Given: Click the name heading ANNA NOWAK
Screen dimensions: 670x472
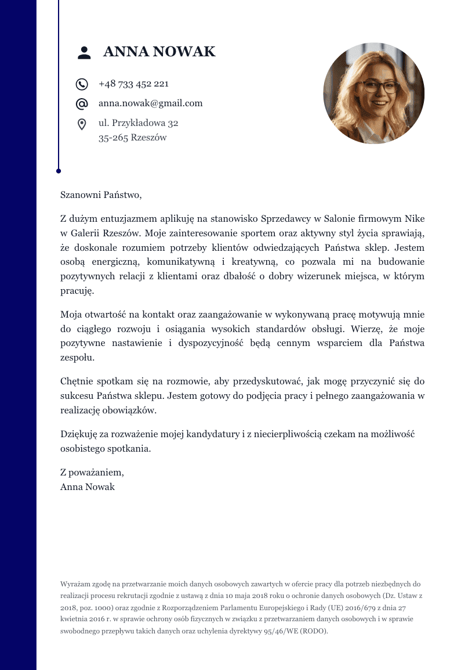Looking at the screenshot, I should pyautogui.click(x=159, y=52).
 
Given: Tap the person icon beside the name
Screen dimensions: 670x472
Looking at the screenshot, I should pyautogui.click(x=84, y=53).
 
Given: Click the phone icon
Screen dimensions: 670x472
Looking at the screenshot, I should pyautogui.click(x=82, y=84).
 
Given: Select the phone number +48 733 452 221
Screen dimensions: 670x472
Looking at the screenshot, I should pyautogui.click(x=133, y=84).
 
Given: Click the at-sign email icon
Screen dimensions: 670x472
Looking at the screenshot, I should pyautogui.click(x=82, y=104).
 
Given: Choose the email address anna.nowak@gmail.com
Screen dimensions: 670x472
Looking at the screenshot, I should pyautogui.click(x=150, y=103).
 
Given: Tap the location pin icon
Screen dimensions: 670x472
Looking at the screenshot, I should pyautogui.click(x=82, y=124).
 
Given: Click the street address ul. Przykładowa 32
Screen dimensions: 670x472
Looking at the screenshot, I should pyautogui.click(x=138, y=123).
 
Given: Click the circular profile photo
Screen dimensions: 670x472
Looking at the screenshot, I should pyautogui.click(x=373, y=93).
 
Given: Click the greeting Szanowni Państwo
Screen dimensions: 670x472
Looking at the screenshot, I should pyautogui.click(x=101, y=195).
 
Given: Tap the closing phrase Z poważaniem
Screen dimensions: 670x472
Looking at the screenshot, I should pyautogui.click(x=92, y=472).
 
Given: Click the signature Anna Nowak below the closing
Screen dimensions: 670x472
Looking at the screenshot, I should pyautogui.click(x=88, y=487).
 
